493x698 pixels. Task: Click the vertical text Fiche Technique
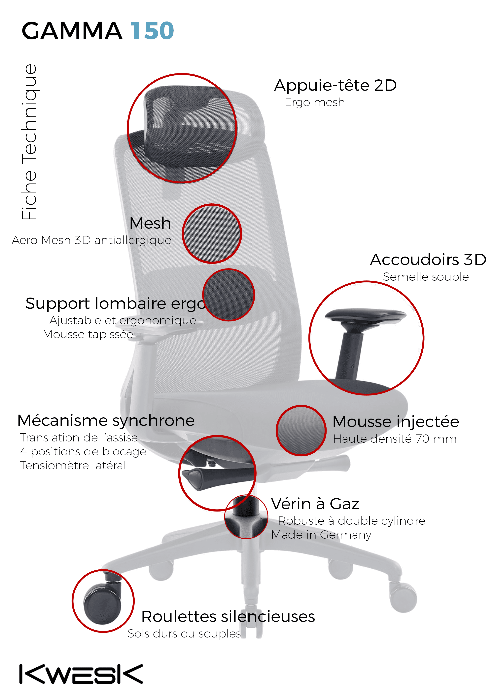point(29,142)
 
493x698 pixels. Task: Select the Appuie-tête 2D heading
point(335,85)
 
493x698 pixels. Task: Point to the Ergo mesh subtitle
point(315,103)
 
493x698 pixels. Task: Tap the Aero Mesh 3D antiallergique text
point(91,240)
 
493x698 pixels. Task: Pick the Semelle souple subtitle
point(426,277)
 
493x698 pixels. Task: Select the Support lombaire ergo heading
point(115,304)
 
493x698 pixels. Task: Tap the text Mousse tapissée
point(88,334)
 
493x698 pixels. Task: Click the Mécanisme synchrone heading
point(106,421)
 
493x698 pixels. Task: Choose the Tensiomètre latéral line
point(73,466)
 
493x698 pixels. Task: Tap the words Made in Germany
point(321,535)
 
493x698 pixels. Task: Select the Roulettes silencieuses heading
point(228,617)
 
